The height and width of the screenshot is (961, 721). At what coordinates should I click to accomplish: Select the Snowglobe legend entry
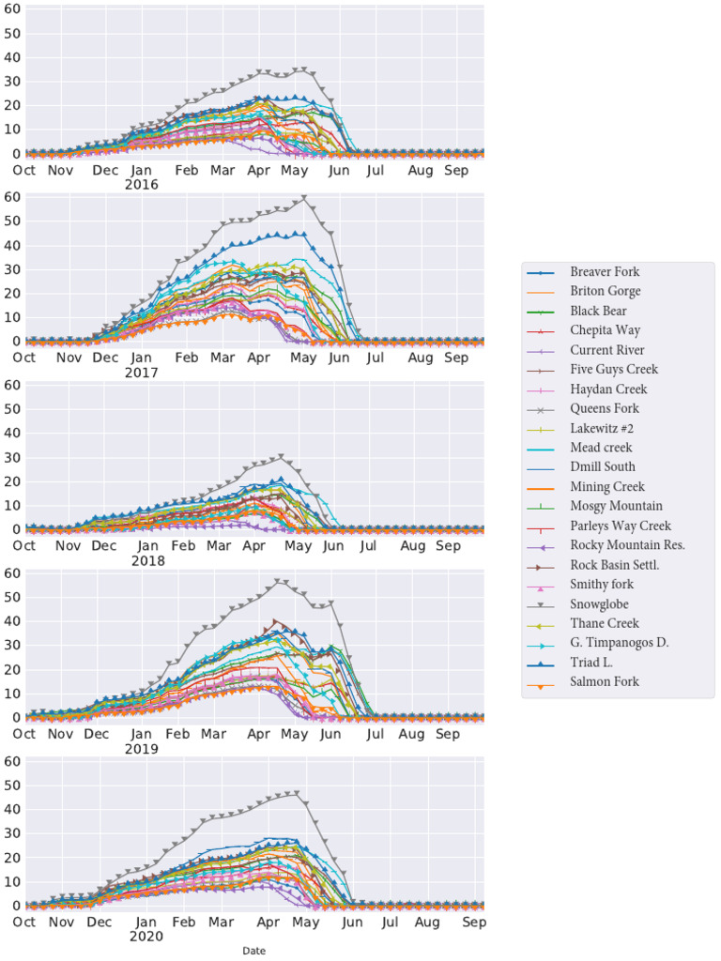pos(599,604)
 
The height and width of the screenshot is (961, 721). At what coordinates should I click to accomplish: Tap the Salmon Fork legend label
pos(605,682)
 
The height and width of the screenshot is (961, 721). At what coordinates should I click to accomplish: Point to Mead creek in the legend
pos(601,448)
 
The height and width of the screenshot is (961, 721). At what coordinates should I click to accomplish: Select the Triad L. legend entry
pos(591,663)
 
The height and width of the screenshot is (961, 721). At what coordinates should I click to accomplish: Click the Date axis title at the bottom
pos(253,951)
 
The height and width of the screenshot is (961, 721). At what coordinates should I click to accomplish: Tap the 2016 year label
pos(142,185)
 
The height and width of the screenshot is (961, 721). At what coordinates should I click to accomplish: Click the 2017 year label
pos(142,373)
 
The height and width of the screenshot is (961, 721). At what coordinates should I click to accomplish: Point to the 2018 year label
pos(148,561)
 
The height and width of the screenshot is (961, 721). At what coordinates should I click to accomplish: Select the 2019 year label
pos(142,749)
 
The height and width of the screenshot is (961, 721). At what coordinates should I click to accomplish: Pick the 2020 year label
pos(146,937)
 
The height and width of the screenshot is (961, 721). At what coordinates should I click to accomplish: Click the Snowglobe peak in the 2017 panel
pos(303,198)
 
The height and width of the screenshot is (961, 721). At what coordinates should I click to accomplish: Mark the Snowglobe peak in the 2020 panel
pos(297,793)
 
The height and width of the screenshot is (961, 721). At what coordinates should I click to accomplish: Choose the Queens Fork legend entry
pos(604,409)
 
